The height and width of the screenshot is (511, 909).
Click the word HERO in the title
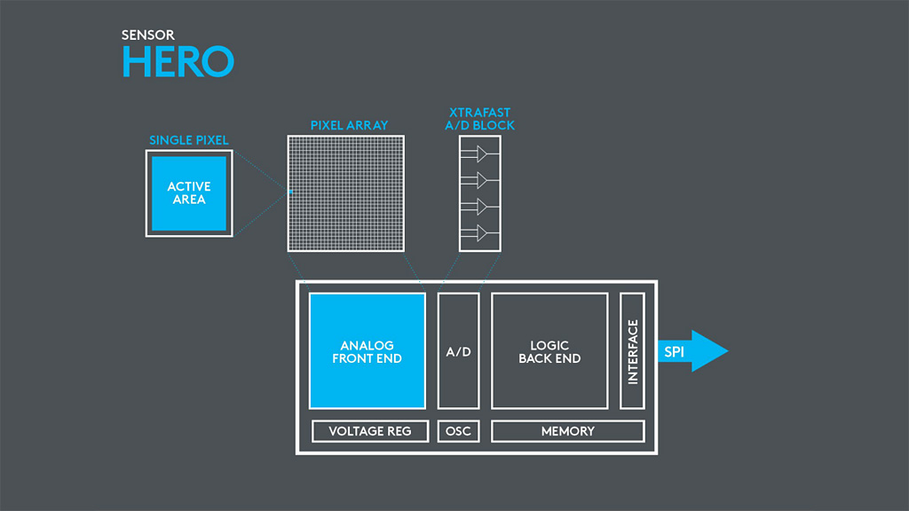point(178,61)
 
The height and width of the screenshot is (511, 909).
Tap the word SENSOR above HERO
point(148,35)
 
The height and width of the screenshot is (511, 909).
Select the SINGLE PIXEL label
point(189,140)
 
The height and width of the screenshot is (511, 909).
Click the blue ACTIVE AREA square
point(189,193)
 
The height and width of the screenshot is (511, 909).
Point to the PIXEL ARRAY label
point(349,126)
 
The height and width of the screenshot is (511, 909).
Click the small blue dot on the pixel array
point(289,191)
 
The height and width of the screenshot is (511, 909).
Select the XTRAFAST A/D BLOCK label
point(479,120)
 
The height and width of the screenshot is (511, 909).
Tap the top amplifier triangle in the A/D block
point(481,154)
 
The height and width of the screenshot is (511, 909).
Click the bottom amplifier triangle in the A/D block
point(481,233)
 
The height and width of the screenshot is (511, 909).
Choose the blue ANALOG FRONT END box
point(367,351)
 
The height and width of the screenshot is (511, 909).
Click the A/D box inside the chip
point(458,351)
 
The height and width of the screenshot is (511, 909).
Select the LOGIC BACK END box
point(549,351)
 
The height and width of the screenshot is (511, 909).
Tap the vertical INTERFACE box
point(632,351)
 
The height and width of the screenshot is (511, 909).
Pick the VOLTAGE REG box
point(370,431)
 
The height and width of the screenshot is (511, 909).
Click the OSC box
point(458,431)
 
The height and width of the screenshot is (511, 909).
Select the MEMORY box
point(567,431)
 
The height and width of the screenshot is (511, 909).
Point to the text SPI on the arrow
point(674,352)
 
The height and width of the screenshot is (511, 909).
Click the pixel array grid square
point(346,193)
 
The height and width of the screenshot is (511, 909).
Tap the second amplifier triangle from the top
point(481,181)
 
